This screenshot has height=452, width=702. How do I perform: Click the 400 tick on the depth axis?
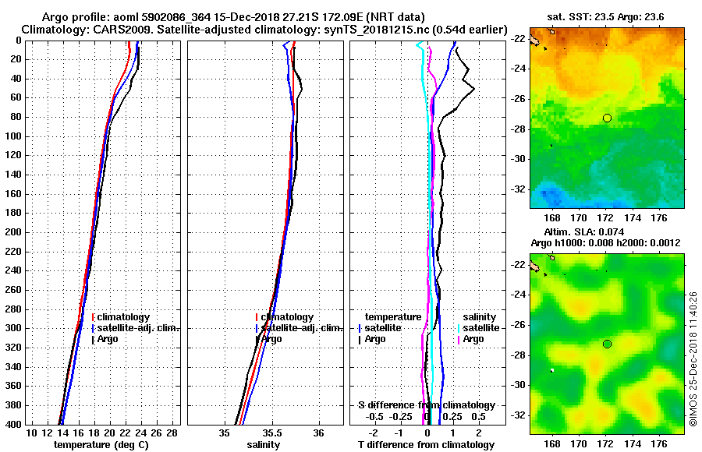coord(16,425)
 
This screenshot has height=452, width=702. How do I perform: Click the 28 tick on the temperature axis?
coord(172,433)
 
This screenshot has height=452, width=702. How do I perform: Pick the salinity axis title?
coord(264,445)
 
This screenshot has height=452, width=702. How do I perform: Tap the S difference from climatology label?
coord(427,405)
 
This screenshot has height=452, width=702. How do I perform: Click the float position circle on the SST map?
coord(607,118)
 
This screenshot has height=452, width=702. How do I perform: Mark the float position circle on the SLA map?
coord(607,344)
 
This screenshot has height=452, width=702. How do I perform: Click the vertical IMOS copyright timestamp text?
coord(693,358)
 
